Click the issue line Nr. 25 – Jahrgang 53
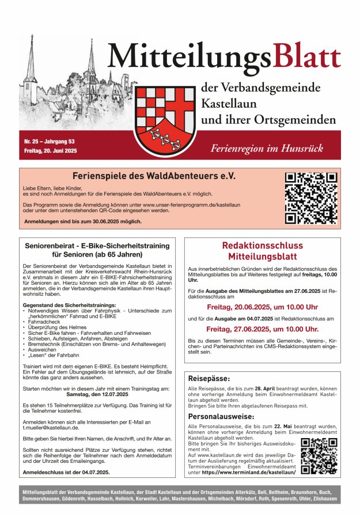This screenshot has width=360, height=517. coord(49,141)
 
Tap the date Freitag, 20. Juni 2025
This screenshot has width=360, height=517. coord(51,150)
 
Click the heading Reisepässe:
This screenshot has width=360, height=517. coord(209,379)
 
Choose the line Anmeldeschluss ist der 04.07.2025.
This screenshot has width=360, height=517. coord(66,472)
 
